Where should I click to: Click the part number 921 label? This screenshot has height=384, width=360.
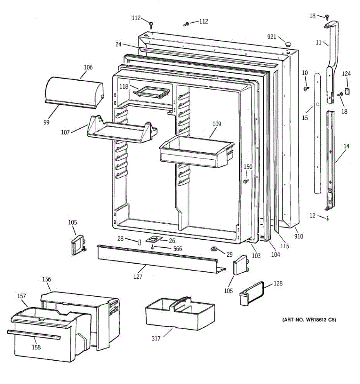pyautogui.click(x=271, y=37)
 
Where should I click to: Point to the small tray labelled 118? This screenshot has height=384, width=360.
pyautogui.click(x=150, y=92)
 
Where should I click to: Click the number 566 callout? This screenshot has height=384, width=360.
pyautogui.click(x=177, y=249)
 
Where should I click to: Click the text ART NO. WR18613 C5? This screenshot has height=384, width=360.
pyautogui.click(x=309, y=320)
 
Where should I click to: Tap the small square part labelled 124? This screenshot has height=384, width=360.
pyautogui.click(x=347, y=92)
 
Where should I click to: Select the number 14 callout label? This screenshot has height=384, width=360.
pyautogui.click(x=347, y=146)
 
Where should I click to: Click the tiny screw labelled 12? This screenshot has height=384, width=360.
pyautogui.click(x=328, y=219)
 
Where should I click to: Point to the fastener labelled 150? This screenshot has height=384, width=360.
pyautogui.click(x=246, y=181)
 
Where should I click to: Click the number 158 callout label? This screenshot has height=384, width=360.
pyautogui.click(x=36, y=347)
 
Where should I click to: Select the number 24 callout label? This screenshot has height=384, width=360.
pyautogui.click(x=118, y=44)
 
